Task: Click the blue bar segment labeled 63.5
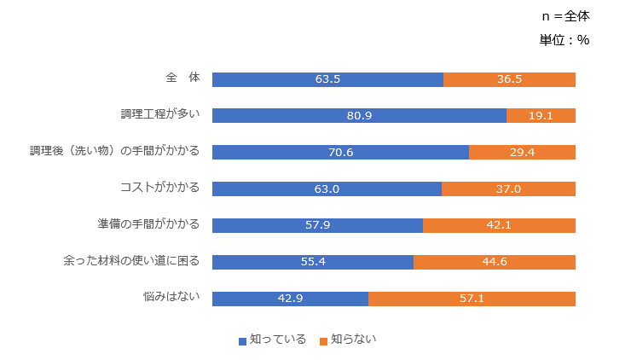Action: (x=327, y=79)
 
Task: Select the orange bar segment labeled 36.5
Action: (x=509, y=79)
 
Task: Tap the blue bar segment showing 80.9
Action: (x=359, y=116)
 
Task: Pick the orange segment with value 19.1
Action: (x=541, y=116)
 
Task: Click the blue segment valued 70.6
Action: (x=340, y=153)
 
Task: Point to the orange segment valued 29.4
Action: (x=522, y=153)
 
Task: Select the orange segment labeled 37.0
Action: (x=508, y=189)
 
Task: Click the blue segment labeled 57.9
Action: (x=317, y=226)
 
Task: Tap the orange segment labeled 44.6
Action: (x=495, y=262)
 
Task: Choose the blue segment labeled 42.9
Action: (x=290, y=299)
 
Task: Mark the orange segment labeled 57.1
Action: (x=472, y=299)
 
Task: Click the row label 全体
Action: (x=182, y=78)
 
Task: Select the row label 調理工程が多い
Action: (x=160, y=114)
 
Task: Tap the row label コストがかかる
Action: (x=160, y=188)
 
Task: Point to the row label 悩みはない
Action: (x=171, y=297)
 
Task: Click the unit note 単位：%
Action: (x=564, y=40)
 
